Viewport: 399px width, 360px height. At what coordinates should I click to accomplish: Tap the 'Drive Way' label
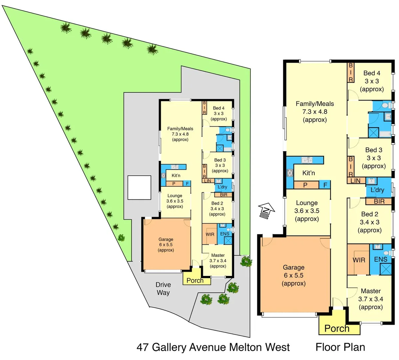163,289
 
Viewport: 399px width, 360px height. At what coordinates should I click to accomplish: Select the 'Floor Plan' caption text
340,347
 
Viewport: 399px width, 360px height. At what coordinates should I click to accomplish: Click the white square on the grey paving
139,187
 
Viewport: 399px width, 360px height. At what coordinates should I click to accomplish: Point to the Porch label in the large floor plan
337,328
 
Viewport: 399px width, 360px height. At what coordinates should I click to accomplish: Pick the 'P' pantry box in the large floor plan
305,185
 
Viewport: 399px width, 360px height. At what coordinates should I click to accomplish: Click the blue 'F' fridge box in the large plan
325,185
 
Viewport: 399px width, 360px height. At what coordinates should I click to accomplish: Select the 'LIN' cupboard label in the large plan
355,181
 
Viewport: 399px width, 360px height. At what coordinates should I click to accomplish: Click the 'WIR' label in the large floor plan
359,260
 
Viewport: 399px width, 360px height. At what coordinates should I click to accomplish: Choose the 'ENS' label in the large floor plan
380,259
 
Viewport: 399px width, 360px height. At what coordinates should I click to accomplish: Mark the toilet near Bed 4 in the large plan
385,106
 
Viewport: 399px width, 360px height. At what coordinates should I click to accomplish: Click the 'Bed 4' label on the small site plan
218,108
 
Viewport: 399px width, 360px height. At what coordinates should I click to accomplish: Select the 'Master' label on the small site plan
218,255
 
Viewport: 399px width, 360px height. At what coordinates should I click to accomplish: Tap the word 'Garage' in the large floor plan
293,267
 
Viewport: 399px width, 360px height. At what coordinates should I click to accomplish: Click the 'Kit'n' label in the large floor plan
308,173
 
